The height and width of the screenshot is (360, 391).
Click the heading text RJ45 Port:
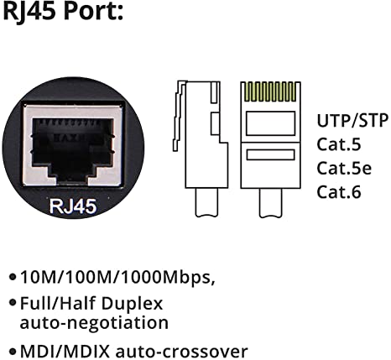point(63,11)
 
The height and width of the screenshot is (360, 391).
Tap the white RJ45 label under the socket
point(73,206)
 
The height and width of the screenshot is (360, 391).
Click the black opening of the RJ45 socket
point(73,149)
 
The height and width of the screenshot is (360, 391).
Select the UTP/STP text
point(352,120)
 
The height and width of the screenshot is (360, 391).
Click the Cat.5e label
point(344,168)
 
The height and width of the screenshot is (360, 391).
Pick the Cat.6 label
point(339,192)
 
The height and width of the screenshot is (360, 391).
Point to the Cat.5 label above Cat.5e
point(339,144)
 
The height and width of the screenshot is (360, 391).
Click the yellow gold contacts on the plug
point(270,91)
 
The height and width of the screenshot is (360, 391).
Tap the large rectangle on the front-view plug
point(270,123)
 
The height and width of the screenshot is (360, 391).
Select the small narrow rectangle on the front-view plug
point(270,155)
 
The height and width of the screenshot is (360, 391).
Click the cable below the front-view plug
point(270,202)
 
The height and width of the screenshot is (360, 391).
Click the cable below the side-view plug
point(206,202)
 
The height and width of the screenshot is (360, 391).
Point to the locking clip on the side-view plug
point(179,116)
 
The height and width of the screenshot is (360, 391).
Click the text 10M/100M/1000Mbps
point(118,278)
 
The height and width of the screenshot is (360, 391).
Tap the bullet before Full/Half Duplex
point(13,302)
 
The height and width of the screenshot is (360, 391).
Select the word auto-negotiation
point(94,323)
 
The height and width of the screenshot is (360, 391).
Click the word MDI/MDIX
point(65,351)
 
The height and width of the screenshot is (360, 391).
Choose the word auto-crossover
point(182,352)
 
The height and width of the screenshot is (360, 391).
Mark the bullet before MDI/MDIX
point(13,351)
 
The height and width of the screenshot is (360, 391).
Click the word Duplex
point(132,304)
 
